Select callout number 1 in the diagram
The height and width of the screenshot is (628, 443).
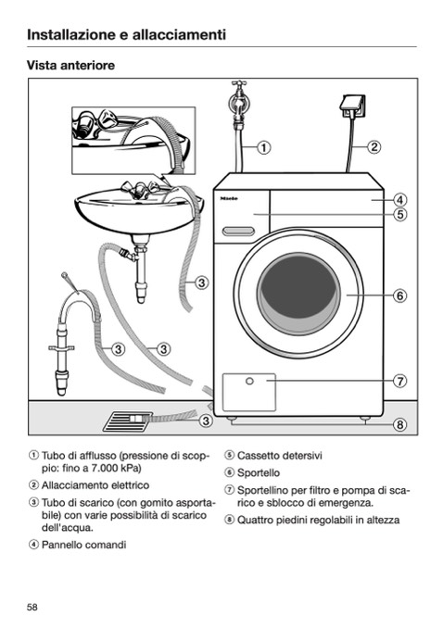pos(263,147)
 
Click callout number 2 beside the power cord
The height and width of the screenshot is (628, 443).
pos(374,147)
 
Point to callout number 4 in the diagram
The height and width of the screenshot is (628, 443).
pos(399,199)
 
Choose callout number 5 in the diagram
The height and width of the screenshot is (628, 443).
pos(399,214)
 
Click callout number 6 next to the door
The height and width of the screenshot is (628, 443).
pos(399,295)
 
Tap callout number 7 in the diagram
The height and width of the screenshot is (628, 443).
pos(399,381)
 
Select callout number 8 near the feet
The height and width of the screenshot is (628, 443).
pos(399,424)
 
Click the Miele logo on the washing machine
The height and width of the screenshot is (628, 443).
pos(229,198)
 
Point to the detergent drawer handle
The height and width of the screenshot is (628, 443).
pos(238,231)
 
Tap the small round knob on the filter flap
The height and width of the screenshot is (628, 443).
pos(249,381)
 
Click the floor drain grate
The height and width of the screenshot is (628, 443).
pos(128,421)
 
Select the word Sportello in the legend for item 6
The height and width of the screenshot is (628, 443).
pos(259,473)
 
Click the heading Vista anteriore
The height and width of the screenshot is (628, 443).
pos(70,65)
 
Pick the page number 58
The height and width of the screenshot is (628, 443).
pos(32,608)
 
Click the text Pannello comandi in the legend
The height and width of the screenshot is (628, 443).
pos(83,545)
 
